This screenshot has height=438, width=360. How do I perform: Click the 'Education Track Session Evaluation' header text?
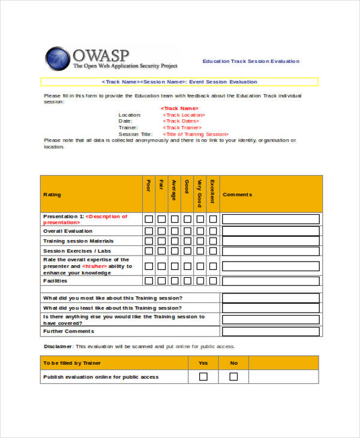click(x=251, y=61)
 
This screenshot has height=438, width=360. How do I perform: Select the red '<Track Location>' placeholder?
click(x=184, y=115)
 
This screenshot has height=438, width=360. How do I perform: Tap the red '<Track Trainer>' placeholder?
click(x=182, y=127)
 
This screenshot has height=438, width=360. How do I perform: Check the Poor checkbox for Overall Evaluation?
click(x=149, y=230)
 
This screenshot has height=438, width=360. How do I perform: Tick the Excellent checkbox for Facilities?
click(x=212, y=280)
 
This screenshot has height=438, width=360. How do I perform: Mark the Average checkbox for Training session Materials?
click(x=175, y=241)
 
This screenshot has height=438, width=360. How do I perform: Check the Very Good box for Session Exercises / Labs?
click(x=200, y=251)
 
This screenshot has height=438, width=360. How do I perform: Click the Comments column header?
click(x=238, y=194)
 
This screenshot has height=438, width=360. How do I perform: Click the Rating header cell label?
click(x=52, y=194)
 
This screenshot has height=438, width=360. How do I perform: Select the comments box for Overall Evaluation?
click(x=271, y=230)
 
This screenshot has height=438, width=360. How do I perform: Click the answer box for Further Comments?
click(x=271, y=331)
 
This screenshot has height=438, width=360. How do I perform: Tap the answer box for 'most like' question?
click(x=271, y=298)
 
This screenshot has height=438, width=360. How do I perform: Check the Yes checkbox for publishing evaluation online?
click(x=203, y=377)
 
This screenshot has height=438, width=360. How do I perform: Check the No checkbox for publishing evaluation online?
click(x=233, y=377)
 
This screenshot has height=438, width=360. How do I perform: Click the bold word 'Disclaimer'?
click(x=58, y=346)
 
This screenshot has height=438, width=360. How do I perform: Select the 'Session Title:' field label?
click(x=136, y=134)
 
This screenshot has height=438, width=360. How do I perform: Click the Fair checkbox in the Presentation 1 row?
click(x=161, y=219)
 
